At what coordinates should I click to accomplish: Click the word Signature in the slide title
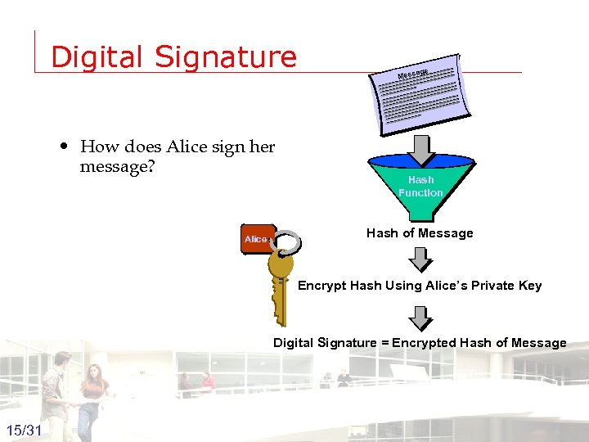225,57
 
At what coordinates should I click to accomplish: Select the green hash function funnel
420,187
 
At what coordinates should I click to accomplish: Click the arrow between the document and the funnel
420,149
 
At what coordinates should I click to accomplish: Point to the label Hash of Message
420,233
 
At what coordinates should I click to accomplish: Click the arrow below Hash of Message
420,259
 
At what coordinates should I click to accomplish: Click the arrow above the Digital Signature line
420,317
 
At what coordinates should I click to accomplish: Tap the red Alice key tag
257,239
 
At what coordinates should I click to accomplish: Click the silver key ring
287,243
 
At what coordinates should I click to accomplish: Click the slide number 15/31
25,431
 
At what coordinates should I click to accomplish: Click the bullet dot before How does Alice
64,147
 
